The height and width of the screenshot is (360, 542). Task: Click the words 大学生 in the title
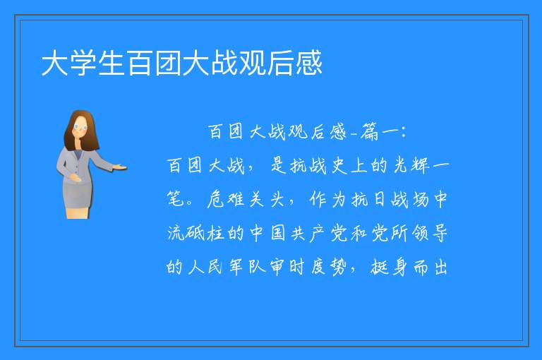pyautogui.click(x=83, y=63)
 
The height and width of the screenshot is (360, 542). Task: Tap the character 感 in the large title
pyautogui.click(x=308, y=63)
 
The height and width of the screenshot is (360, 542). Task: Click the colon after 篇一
pyautogui.click(x=404, y=132)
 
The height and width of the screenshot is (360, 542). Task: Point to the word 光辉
pyautogui.click(x=411, y=166)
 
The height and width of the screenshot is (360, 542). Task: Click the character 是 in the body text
pyautogui.click(x=279, y=166)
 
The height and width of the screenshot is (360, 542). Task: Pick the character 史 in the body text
pyautogui.click(x=339, y=166)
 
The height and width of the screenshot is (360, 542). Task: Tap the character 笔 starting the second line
pyautogui.click(x=175, y=200)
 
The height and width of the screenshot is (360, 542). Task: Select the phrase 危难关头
pyautogui.click(x=246, y=200)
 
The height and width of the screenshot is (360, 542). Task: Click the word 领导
pyautogui.click(x=430, y=234)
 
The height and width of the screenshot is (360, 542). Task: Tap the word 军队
pyautogui.click(x=248, y=268)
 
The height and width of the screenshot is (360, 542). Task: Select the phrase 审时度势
pyautogui.click(x=308, y=268)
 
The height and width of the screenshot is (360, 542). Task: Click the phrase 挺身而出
pyautogui.click(x=409, y=268)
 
